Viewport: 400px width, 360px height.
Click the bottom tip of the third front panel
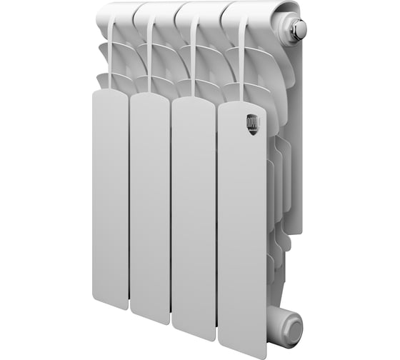point(194,333)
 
